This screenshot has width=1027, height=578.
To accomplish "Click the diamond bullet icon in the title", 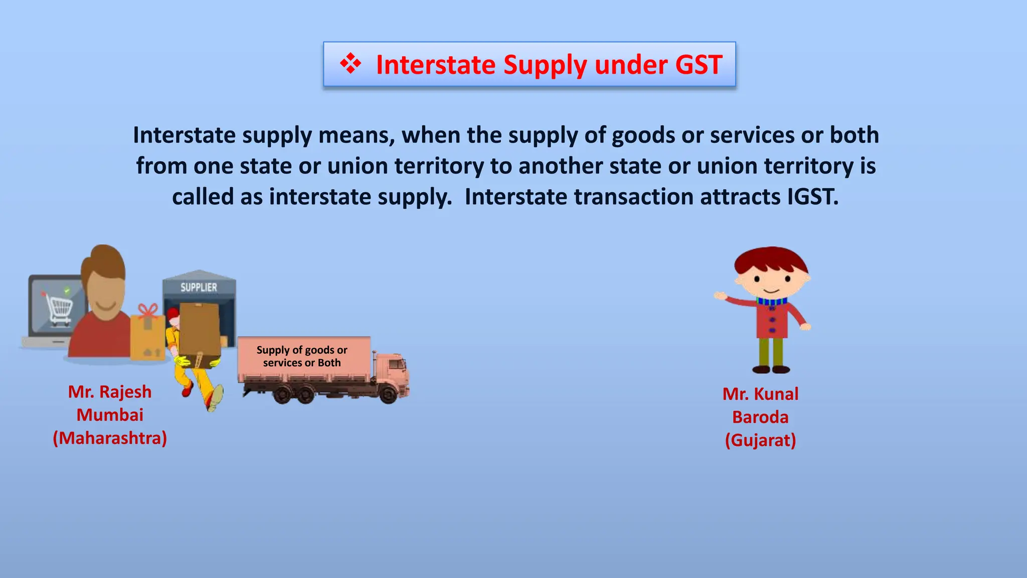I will [x=350, y=64].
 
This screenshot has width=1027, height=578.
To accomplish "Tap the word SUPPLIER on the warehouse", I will [x=199, y=287].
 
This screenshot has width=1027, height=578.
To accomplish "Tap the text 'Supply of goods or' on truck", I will [x=302, y=350].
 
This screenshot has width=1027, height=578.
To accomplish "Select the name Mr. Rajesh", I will [x=110, y=392].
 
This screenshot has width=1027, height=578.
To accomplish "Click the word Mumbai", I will [x=110, y=415].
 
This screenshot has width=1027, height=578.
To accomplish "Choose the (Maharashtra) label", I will [x=110, y=438].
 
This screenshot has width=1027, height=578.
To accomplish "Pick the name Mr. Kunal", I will [x=760, y=394].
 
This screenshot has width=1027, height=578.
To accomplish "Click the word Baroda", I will [x=760, y=417].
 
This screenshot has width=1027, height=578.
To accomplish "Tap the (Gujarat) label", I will [x=760, y=440].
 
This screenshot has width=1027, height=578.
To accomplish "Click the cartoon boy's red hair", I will [x=770, y=259].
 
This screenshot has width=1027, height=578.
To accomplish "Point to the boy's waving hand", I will [x=720, y=296].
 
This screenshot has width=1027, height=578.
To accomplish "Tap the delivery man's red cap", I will [x=173, y=315].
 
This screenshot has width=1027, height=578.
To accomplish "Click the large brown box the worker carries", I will [x=200, y=329].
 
